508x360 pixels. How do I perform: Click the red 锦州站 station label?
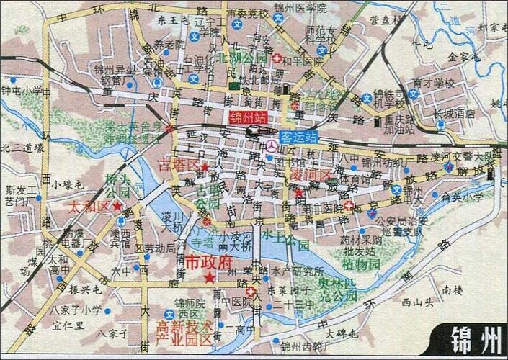[246, 117]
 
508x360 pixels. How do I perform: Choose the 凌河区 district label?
[309, 176]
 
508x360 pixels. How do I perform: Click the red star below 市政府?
[209, 278]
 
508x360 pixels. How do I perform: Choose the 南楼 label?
[453, 291]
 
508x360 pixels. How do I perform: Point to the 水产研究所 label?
[295, 272]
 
